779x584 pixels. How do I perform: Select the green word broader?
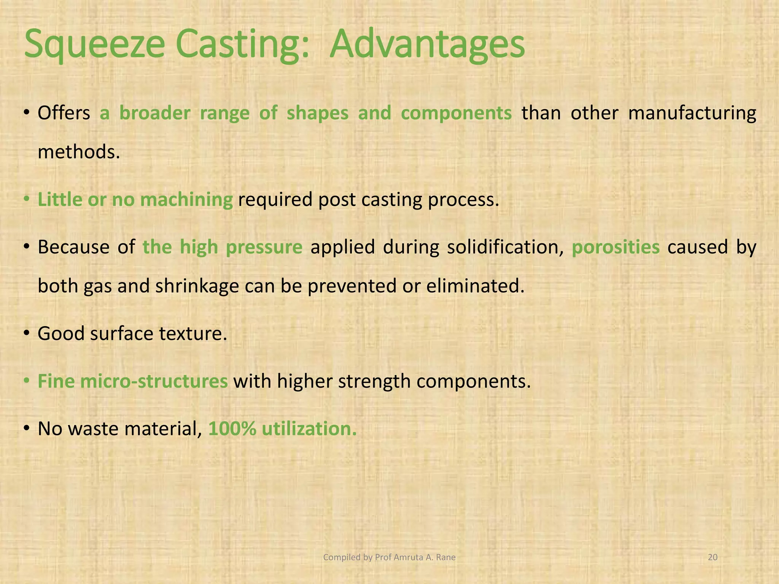coord(155,113)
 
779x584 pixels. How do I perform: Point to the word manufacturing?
coord(692,114)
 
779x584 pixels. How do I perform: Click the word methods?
coord(79,152)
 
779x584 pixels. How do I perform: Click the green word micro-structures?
coord(154,381)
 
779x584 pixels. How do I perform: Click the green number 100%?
coord(232,428)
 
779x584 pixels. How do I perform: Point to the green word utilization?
coord(309,428)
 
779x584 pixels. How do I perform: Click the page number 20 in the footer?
coord(712,557)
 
